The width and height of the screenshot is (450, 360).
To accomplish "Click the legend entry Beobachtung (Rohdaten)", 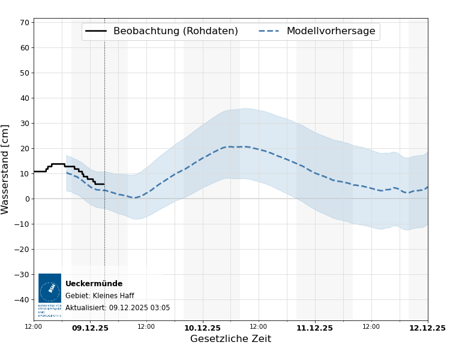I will [175, 31].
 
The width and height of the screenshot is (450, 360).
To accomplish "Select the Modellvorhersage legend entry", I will [331, 31].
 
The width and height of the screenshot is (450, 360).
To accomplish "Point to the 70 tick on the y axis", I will [25, 23].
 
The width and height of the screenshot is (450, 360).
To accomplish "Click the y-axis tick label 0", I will [27, 199].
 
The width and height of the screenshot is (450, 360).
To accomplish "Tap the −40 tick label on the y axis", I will [22, 300].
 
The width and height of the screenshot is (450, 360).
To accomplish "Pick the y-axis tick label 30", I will [25, 124].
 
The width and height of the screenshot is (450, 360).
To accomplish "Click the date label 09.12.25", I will [90, 328].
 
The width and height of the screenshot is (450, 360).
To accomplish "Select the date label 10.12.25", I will [202, 328].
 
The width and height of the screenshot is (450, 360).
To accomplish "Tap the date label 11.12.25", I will [314, 328].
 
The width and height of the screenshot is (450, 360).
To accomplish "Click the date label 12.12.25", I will [427, 328].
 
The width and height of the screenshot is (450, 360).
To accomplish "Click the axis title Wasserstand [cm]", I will [6, 169].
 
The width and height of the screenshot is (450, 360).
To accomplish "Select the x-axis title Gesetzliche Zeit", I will [230, 340].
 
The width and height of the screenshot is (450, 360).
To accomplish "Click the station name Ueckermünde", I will [94, 284].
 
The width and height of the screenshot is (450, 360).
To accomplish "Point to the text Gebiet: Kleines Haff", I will [100, 296].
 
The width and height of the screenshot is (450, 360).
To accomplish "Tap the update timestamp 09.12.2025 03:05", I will [139, 308].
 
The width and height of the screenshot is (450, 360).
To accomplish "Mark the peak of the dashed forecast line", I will [231, 146].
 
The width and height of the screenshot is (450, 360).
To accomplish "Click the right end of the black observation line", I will [104, 184].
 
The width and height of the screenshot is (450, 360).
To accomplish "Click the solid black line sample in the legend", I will [96, 31].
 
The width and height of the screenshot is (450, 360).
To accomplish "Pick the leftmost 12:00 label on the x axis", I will [34, 327].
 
